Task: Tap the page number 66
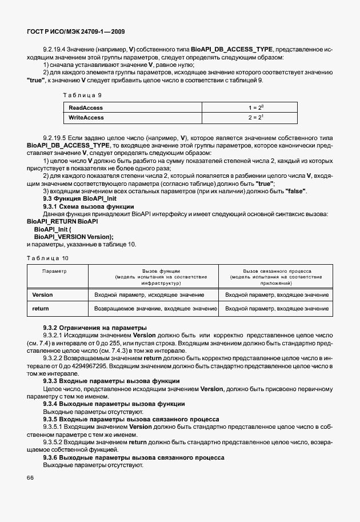click(31, 477)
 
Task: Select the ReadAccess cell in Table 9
click(86, 107)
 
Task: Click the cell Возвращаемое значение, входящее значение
click(155, 308)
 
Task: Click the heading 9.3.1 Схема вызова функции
click(89, 206)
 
